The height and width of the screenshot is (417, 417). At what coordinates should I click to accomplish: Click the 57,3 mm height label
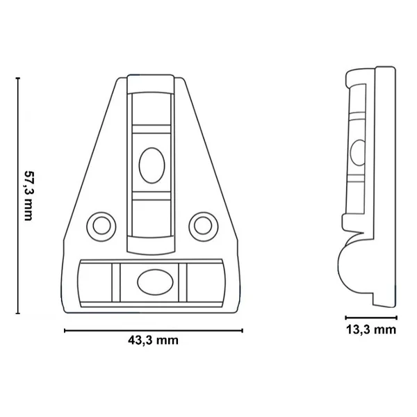click(28, 196)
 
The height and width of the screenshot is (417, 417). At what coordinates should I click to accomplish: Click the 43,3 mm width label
click(153, 341)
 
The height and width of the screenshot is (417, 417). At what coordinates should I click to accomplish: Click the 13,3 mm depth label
click(371, 329)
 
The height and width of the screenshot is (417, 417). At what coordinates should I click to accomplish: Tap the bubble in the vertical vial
click(152, 165)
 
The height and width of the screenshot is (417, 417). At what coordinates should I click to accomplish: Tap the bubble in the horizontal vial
click(155, 282)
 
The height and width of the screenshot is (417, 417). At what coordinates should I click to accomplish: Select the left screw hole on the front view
click(101, 226)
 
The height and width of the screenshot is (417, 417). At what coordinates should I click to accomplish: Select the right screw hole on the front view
click(204, 226)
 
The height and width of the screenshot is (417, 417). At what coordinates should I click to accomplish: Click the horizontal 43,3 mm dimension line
click(154, 331)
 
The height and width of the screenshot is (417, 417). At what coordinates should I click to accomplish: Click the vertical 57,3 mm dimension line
click(18, 196)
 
